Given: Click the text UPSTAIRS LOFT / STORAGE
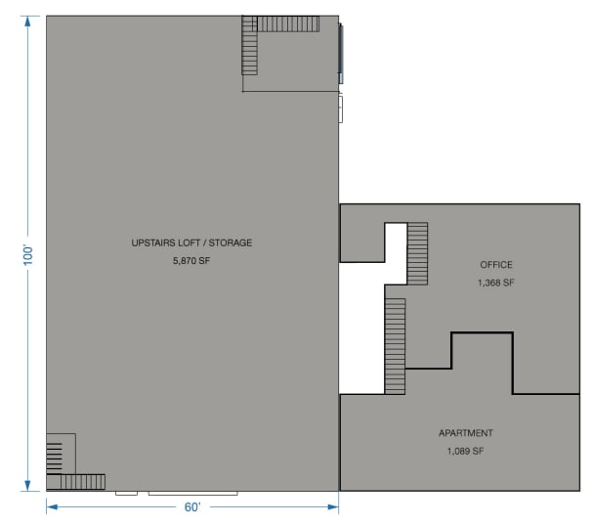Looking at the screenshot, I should [x=191, y=242].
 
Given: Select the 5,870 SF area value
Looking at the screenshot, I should [x=191, y=261].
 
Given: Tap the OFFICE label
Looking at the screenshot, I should [x=496, y=265].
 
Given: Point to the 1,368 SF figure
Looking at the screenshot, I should [x=496, y=283].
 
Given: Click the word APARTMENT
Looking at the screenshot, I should [x=465, y=433].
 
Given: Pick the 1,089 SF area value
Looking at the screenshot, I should [x=465, y=451].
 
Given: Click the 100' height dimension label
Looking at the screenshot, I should [x=28, y=254].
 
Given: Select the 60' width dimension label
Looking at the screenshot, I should [x=192, y=507].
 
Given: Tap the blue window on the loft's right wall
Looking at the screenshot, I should [x=341, y=53].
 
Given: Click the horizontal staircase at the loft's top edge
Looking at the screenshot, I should [x=288, y=22].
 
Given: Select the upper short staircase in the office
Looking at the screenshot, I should [x=417, y=253].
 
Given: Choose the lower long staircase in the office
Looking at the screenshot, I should [x=395, y=346].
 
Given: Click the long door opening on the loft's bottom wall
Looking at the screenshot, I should [x=192, y=494].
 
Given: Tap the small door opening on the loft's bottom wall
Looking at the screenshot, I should [x=126, y=494].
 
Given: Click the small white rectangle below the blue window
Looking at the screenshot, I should [x=341, y=108].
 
